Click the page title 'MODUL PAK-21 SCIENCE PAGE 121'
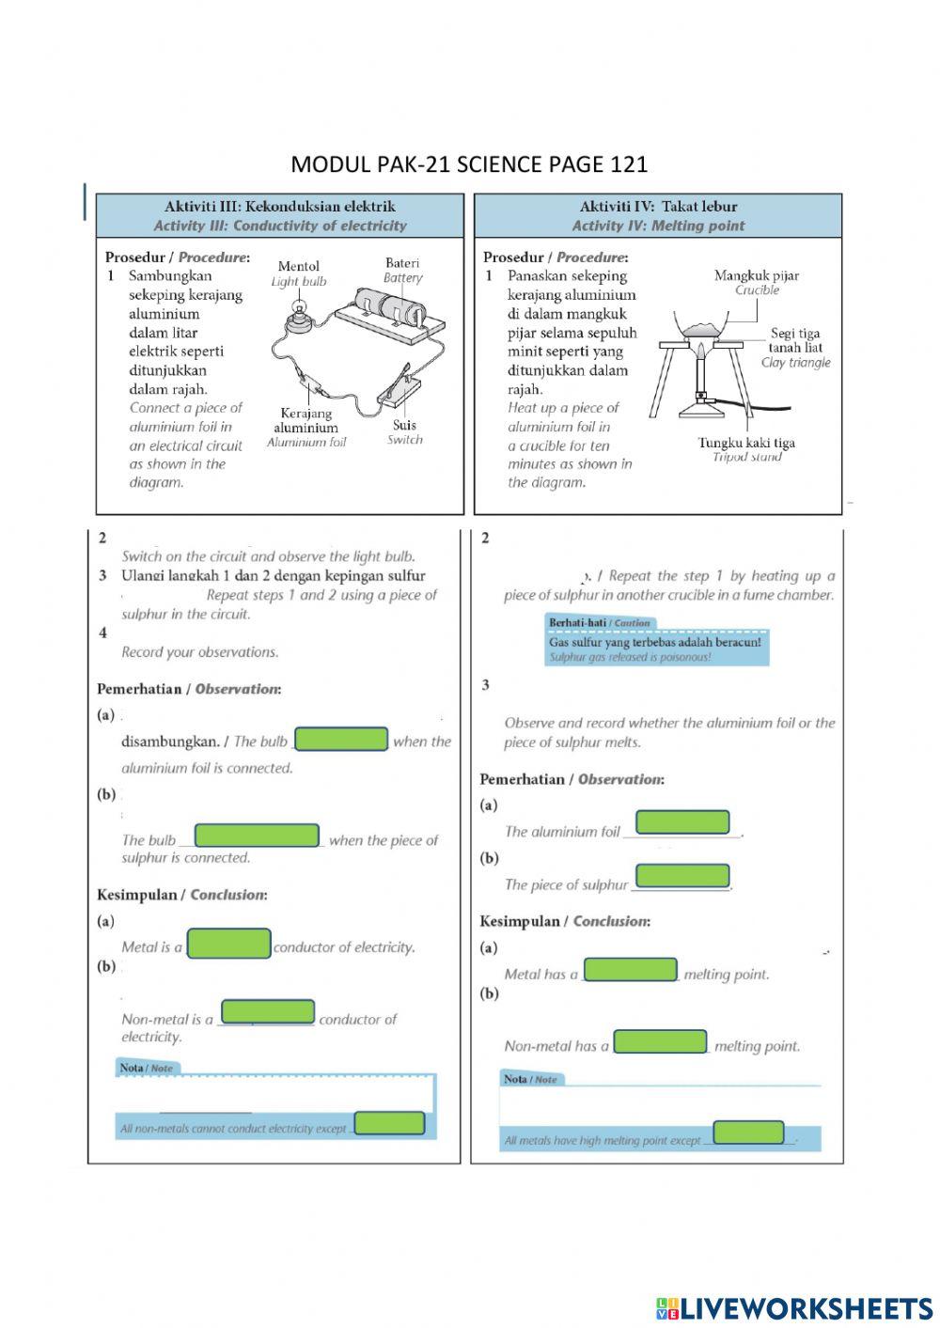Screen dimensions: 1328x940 coord(469,164)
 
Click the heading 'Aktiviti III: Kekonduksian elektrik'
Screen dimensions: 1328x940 coord(280,207)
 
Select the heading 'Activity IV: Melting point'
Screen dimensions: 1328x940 coord(658,226)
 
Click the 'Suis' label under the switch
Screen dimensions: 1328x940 coord(404,425)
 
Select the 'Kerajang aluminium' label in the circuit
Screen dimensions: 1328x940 coord(305,420)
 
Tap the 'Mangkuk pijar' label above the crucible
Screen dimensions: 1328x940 coord(757,275)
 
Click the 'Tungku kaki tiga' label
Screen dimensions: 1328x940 coord(746,443)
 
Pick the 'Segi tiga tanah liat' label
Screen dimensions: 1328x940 coord(795,340)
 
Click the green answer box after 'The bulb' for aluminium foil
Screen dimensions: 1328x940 coord(341,739)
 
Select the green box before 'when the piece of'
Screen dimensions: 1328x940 coord(257,836)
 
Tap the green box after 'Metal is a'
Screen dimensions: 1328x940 coord(229,944)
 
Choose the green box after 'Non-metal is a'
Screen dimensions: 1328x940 coord(268,1012)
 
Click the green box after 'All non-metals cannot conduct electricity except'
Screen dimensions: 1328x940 coord(389,1123)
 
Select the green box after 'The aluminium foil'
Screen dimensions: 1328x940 coord(682,822)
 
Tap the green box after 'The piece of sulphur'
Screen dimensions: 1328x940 coord(682,876)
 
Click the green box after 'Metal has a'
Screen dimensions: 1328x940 coord(631,969)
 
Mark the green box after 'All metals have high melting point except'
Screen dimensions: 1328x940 coord(748,1133)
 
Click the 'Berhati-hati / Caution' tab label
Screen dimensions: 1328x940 coord(599,623)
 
